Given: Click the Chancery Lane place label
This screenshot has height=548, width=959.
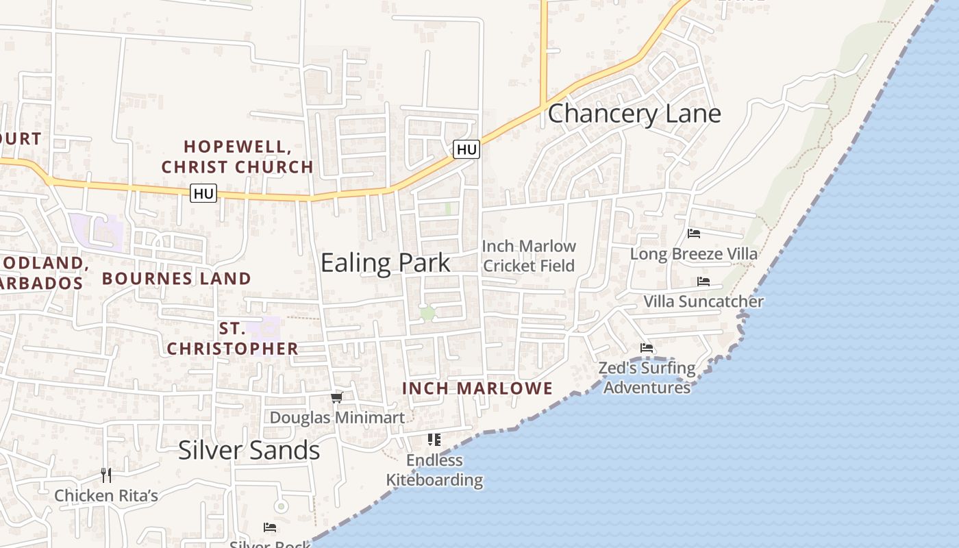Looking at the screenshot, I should click(x=634, y=114).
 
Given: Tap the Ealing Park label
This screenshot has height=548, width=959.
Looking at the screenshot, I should click(x=386, y=263).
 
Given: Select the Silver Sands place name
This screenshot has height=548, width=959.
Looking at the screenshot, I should click(x=249, y=450).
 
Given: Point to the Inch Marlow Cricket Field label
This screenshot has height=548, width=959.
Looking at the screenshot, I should click(x=529, y=256).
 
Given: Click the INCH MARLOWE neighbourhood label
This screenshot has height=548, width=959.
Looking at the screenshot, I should click(x=477, y=388).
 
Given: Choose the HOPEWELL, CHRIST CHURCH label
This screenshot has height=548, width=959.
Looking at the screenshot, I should click(x=238, y=157).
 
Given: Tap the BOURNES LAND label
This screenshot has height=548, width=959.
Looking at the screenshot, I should click(x=177, y=278).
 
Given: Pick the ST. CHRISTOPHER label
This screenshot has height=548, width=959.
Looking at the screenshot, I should click(x=233, y=338).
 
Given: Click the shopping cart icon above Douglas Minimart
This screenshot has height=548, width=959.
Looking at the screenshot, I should click(x=336, y=397).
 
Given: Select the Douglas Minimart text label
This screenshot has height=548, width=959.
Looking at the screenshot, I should click(x=337, y=417).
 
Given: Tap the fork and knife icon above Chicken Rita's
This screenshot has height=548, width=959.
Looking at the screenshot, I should click(x=106, y=475).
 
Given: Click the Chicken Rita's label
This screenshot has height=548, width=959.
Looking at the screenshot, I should click(x=106, y=495).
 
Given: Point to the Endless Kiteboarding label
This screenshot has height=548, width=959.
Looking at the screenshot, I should click(x=434, y=470).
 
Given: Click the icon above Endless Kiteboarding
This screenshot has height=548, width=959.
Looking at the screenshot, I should click(x=434, y=439).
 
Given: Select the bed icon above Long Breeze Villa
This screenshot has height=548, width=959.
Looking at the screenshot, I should click(x=694, y=234).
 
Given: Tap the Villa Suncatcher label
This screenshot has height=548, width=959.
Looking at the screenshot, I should click(x=703, y=301).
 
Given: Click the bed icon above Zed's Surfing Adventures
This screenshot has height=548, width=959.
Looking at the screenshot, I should click(x=647, y=348).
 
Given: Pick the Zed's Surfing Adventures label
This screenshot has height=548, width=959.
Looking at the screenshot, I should click(x=647, y=377).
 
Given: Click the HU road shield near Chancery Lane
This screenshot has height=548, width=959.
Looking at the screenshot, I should click(x=466, y=149).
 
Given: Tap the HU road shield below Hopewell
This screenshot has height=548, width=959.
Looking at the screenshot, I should click(x=203, y=194).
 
